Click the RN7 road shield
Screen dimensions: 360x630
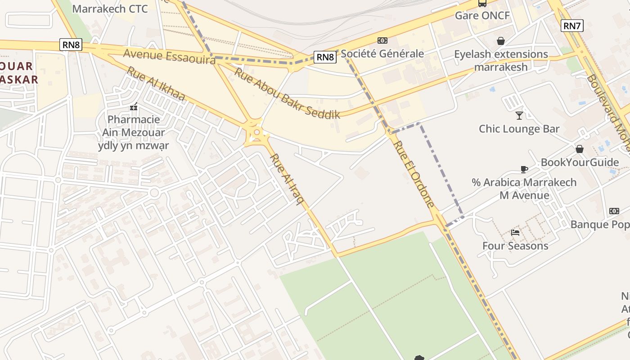click(572, 26)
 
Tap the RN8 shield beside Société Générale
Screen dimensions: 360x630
click(325, 57)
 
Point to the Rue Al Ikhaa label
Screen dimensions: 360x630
click(156, 84)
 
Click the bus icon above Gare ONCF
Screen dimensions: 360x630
click(482, 4)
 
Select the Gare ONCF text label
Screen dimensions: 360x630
click(482, 16)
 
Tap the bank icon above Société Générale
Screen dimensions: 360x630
click(382, 40)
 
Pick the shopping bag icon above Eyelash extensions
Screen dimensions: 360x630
click(500, 41)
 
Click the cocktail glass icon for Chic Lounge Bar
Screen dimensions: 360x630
click(519, 116)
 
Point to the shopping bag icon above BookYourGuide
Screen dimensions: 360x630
click(580, 149)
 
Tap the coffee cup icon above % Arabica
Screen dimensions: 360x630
click(524, 170)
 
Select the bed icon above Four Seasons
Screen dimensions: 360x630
click(515, 233)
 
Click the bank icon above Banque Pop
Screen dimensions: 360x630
click(614, 211)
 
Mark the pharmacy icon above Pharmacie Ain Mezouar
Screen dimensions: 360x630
click(133, 107)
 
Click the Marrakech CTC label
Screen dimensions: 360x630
click(110, 9)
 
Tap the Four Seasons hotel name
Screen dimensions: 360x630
click(515, 246)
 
